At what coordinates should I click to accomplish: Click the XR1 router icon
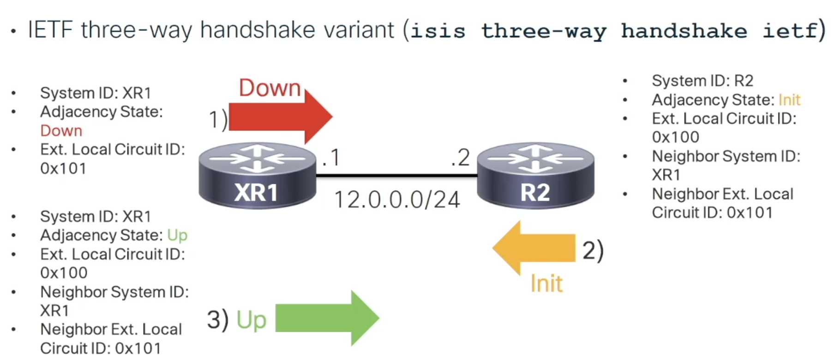258,176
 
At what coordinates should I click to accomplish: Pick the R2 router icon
535,176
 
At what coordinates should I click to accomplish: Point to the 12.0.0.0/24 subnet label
397,200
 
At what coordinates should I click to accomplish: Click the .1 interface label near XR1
331,158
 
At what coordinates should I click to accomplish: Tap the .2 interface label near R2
460,158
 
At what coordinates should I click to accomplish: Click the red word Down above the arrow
270,88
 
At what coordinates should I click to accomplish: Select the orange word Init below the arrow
546,283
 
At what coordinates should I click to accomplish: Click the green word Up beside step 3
252,320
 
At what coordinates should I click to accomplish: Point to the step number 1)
218,120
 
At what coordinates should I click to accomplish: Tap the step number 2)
593,251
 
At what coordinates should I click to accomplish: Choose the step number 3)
218,320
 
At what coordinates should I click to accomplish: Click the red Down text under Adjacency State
61,131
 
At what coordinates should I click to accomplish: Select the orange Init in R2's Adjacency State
789,100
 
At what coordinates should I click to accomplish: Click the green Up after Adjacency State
177,235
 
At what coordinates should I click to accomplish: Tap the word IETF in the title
50,30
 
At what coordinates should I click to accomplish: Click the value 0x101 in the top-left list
63,168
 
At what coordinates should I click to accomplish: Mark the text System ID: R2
702,81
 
